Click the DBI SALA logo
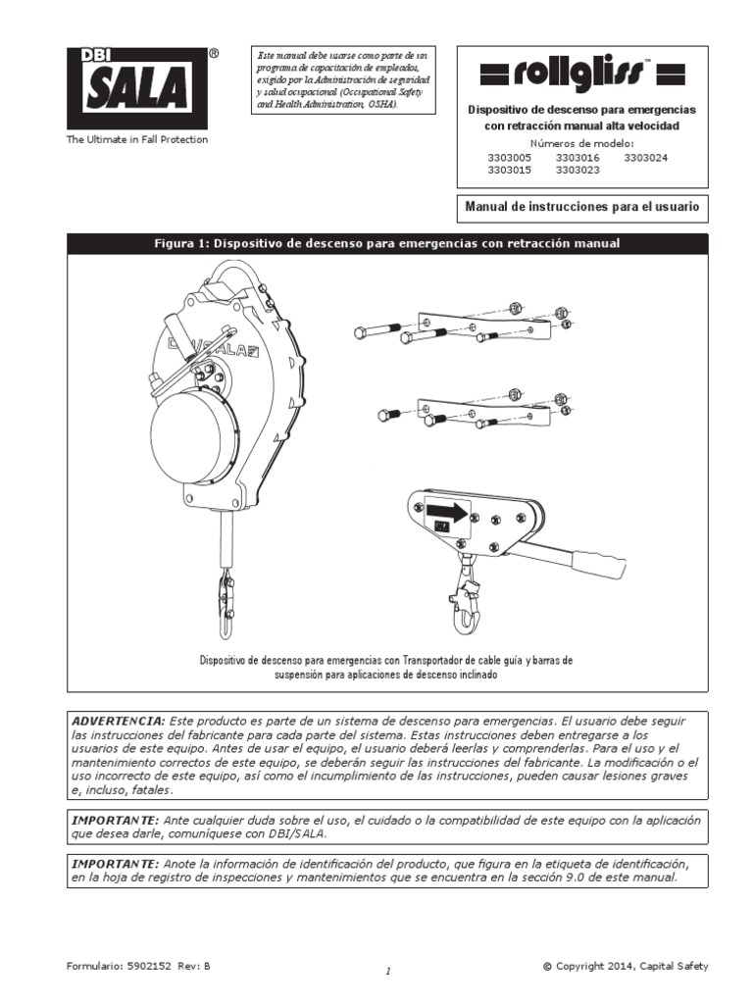click(137, 88)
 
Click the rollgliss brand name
click(581, 73)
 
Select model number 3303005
click(510, 157)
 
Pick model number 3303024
click(645, 157)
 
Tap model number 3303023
click(578, 170)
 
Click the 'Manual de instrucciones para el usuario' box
click(582, 208)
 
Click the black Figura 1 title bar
click(386, 243)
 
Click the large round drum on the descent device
click(194, 437)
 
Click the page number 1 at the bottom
click(388, 971)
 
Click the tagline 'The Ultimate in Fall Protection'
click(137, 140)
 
